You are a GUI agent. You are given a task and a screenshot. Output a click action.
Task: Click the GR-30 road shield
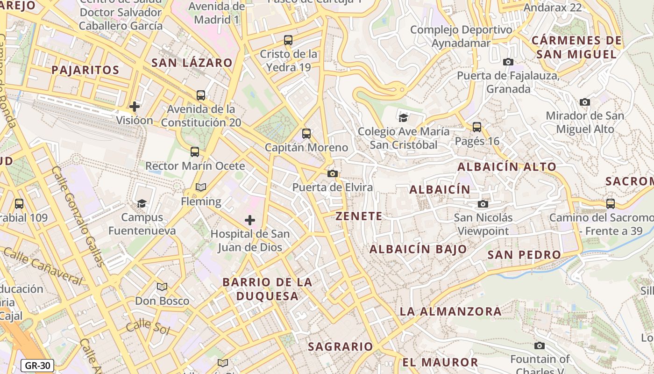[37, 366]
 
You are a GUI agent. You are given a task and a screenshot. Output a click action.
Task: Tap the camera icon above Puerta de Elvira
[333, 174]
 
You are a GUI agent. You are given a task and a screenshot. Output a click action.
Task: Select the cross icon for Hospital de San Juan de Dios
[250, 220]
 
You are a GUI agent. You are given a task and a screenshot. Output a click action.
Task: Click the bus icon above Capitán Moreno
[306, 134]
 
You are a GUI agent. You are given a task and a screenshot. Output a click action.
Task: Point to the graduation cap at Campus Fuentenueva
[142, 203]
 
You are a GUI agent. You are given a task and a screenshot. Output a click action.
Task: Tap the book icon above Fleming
[201, 187]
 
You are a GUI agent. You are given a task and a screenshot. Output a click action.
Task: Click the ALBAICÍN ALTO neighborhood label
[507, 167]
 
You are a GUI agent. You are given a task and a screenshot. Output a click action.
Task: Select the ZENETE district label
[359, 216]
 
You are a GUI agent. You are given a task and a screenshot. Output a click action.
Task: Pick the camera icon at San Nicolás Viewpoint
[483, 204]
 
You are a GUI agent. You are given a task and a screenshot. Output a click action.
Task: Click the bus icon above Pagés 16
[477, 127]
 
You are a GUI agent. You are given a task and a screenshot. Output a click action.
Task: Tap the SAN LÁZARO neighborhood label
[192, 63]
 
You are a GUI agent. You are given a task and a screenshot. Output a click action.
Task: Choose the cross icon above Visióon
[135, 107]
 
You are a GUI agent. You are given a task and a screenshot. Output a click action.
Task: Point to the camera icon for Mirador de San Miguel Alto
[584, 102]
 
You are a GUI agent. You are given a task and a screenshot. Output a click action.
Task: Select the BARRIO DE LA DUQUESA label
[267, 289]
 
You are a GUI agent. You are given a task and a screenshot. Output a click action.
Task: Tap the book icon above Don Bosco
[162, 287]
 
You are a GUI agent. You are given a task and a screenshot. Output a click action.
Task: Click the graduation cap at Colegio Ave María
[403, 118]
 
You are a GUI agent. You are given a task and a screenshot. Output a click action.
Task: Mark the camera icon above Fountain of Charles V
[540, 346]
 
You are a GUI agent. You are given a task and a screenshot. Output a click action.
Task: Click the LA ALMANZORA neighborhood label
[451, 311]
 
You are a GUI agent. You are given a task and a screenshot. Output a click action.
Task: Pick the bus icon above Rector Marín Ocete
[195, 152]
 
